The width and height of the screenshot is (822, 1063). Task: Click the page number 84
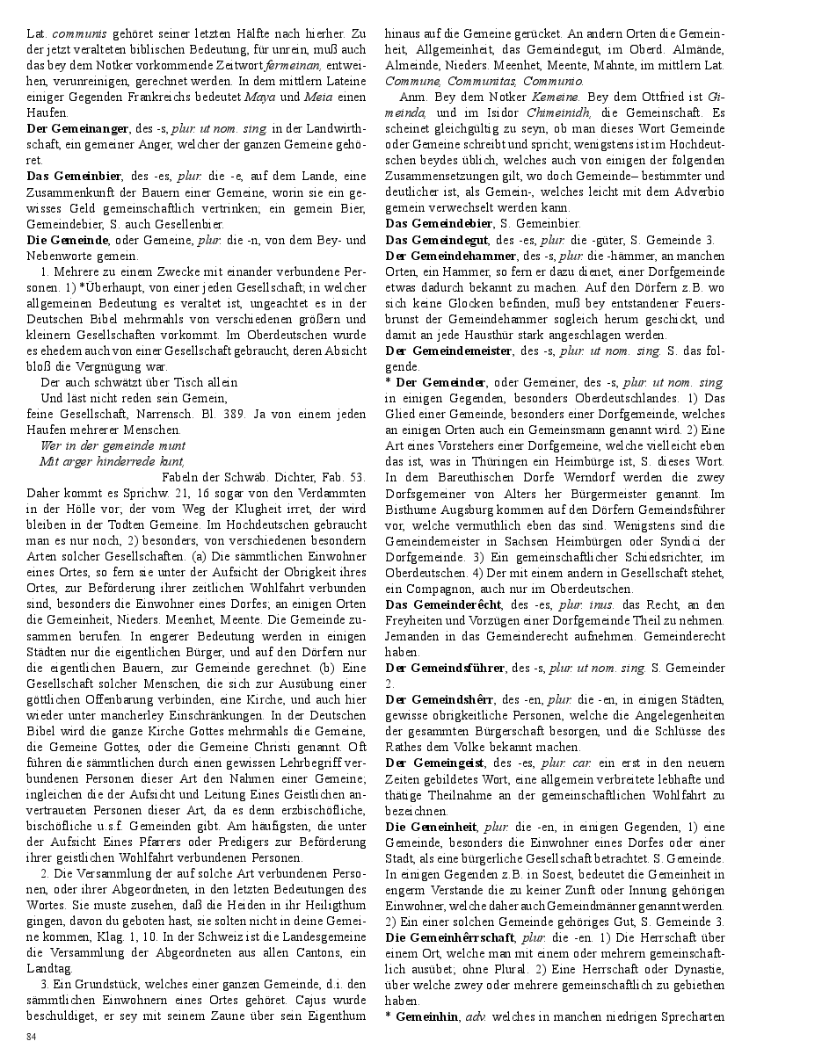(32, 1038)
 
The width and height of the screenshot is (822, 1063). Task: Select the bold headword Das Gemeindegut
(439, 240)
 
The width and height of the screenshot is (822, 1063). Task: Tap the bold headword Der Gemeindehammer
(451, 256)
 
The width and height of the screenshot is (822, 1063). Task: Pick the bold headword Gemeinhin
(426, 1016)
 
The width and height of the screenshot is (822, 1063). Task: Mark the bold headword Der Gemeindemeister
(448, 351)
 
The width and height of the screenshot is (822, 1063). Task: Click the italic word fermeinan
(293, 66)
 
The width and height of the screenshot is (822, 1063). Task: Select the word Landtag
(48, 969)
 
